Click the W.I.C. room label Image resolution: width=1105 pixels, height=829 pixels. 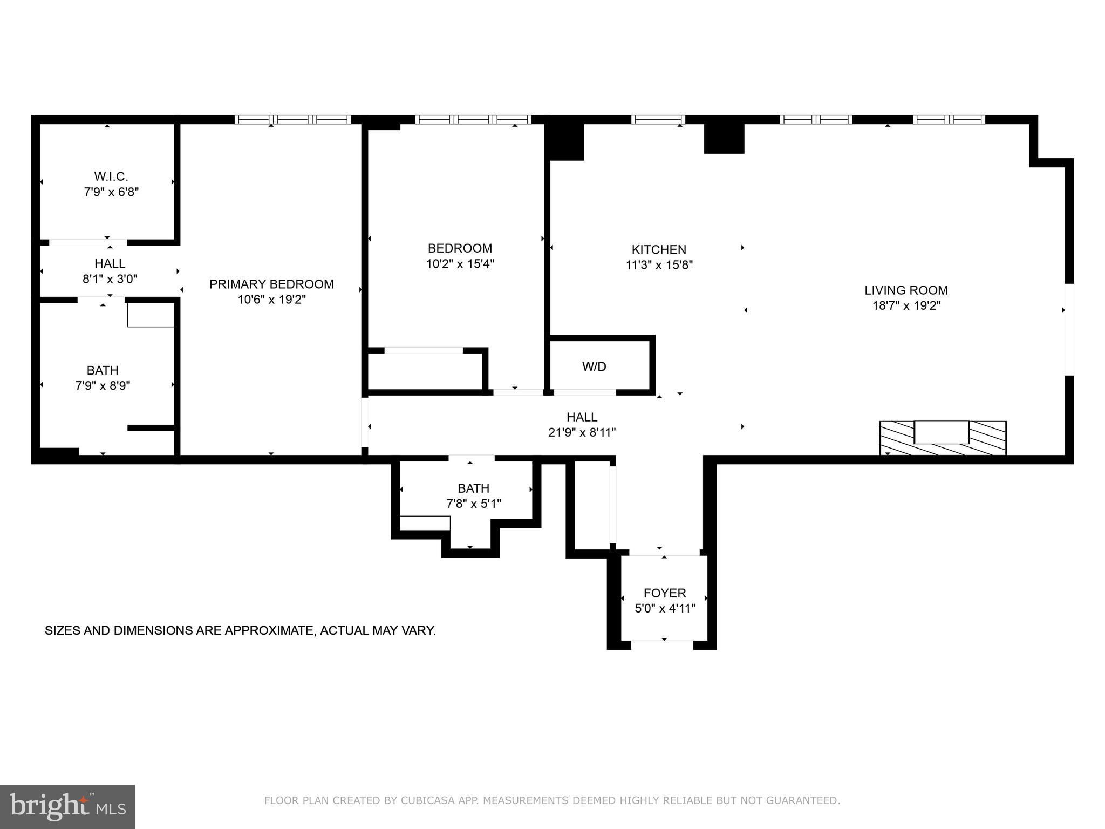[111, 176]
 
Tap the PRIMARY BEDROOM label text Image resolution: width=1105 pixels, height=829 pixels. [271, 284]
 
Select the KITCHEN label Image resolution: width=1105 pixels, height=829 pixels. [659, 249]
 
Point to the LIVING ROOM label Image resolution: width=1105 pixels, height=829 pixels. [906, 290]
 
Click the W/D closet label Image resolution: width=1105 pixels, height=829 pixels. [594, 366]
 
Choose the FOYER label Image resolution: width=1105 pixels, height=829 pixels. [665, 593]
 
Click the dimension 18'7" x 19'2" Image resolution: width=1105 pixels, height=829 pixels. [906, 305]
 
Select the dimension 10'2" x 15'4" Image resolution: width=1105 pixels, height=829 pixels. [460, 264]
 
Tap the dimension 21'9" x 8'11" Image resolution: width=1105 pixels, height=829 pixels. [582, 432]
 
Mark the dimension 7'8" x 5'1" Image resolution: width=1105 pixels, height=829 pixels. [474, 504]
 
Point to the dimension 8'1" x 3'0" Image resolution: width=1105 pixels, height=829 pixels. [110, 279]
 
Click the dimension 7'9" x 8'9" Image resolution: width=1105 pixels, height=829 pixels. [103, 386]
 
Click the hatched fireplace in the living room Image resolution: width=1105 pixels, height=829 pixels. [943, 438]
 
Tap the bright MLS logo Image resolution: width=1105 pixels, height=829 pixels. [67, 807]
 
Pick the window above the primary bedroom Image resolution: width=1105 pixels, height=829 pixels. [293, 119]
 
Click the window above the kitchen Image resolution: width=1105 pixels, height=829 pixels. [658, 119]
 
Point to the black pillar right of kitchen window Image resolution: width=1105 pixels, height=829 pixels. [724, 139]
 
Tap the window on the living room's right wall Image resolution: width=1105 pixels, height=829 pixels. [1069, 329]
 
